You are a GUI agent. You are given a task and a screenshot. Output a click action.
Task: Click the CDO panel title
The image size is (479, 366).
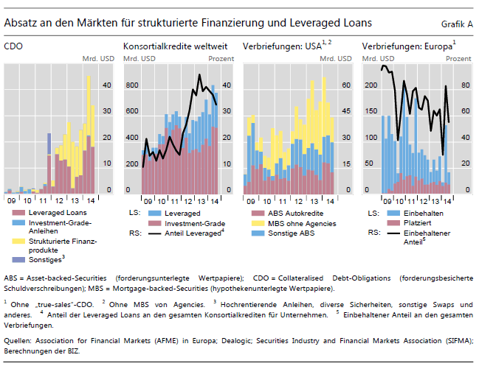[x=13, y=46]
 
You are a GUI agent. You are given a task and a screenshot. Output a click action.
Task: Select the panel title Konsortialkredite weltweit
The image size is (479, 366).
[x=175, y=46]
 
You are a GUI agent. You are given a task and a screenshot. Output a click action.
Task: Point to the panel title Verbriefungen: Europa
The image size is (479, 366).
[x=406, y=46]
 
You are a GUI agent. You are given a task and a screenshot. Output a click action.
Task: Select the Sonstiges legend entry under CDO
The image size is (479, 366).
[x=46, y=260]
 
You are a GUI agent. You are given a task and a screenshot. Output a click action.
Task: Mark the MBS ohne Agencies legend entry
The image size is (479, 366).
[x=302, y=223]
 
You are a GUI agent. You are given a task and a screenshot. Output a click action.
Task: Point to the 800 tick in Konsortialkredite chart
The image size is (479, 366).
[x=131, y=85]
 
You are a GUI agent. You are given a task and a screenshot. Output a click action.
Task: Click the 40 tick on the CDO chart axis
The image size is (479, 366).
[x=106, y=85]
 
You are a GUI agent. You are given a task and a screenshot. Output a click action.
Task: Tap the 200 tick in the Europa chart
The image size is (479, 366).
[x=371, y=85]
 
